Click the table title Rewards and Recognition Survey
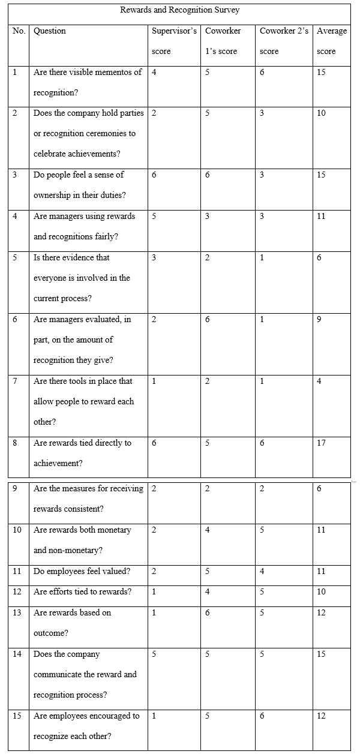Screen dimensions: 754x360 pyautogui.click(x=180, y=10)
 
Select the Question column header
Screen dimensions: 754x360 pyautogui.click(x=50, y=31)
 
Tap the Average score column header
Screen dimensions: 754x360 pyautogui.click(x=332, y=41)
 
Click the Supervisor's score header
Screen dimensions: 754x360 pyautogui.click(x=174, y=41)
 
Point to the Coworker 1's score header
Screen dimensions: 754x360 pyautogui.click(x=223, y=41)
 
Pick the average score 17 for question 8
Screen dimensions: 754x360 pyautogui.click(x=322, y=443)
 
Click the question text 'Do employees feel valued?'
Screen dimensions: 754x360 pyautogui.click(x=81, y=572)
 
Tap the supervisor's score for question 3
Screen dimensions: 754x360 pyautogui.click(x=154, y=175)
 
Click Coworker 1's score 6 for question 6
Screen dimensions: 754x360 pyautogui.click(x=208, y=320)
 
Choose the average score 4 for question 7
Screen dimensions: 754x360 pyautogui.click(x=319, y=381)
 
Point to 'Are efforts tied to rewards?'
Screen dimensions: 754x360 pyautogui.click(x=82, y=592)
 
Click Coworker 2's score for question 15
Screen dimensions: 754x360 pyautogui.click(x=262, y=716)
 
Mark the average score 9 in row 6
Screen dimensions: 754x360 pyautogui.click(x=319, y=320)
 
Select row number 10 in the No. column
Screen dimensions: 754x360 pyautogui.click(x=17, y=530)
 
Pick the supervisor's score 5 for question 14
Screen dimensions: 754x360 pyautogui.click(x=154, y=654)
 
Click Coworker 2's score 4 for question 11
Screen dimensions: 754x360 pyautogui.click(x=262, y=572)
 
